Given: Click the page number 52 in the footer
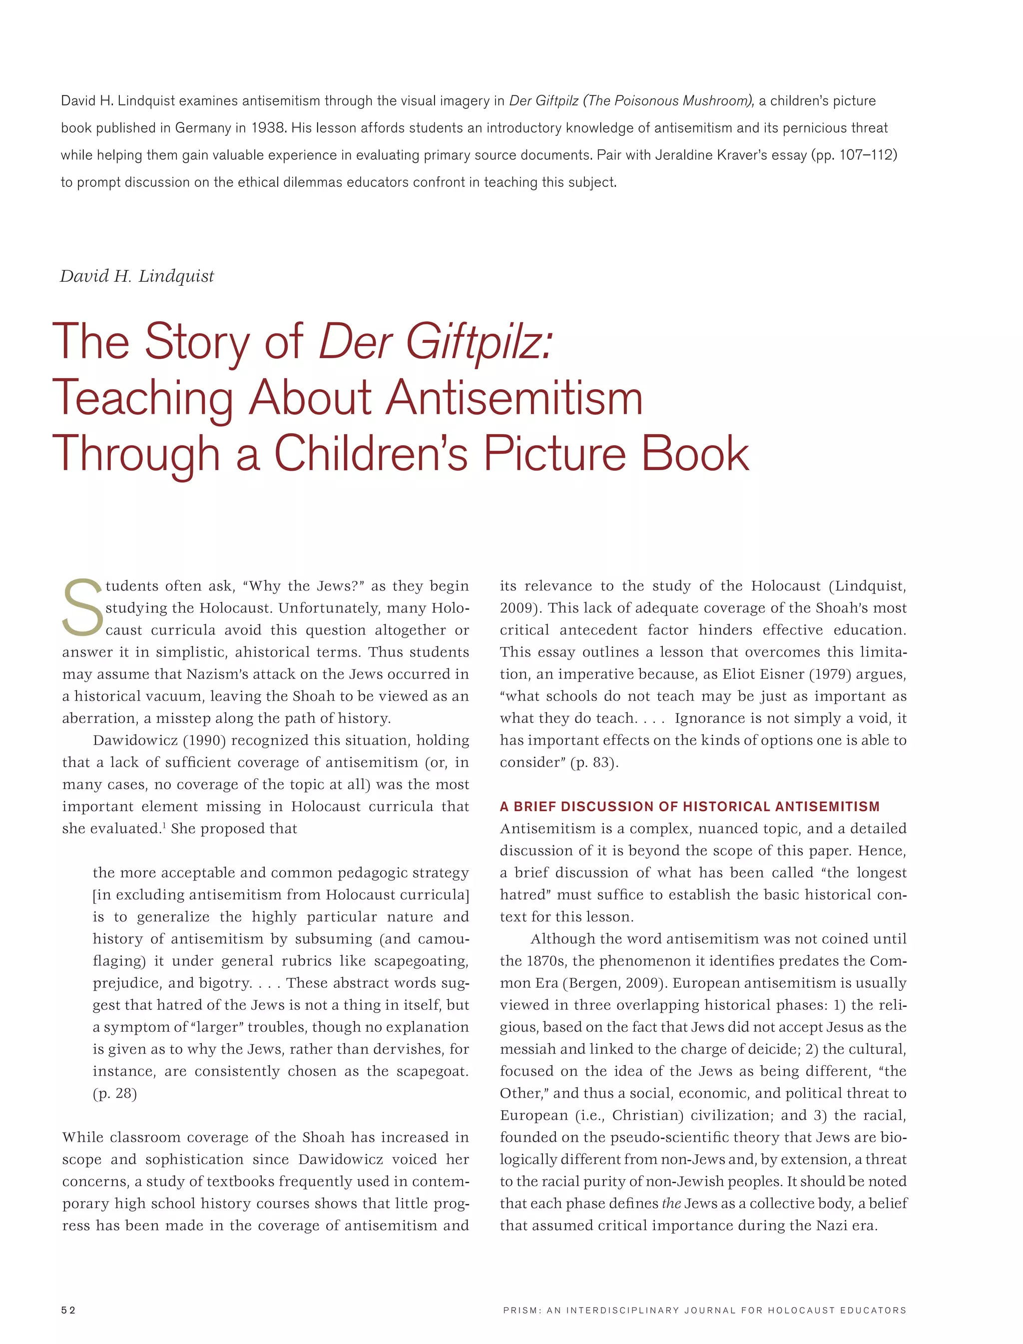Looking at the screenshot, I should (68, 1311).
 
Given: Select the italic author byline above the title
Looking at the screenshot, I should (137, 276).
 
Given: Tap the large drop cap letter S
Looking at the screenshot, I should (83, 607).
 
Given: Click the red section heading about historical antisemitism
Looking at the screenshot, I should (689, 806).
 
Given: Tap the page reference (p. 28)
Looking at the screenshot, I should (115, 1093).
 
